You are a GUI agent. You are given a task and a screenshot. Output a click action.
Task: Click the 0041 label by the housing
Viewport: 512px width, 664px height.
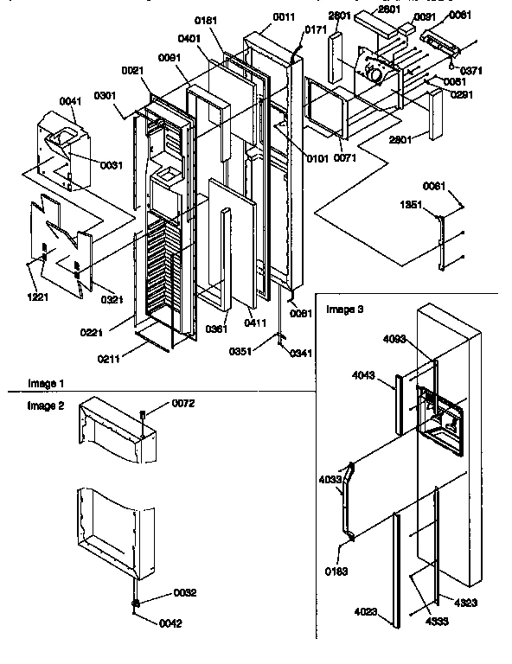[71, 101]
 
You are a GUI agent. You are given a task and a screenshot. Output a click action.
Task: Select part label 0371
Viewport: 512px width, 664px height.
[471, 70]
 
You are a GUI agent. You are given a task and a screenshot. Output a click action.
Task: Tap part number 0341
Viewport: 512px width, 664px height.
[302, 353]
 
